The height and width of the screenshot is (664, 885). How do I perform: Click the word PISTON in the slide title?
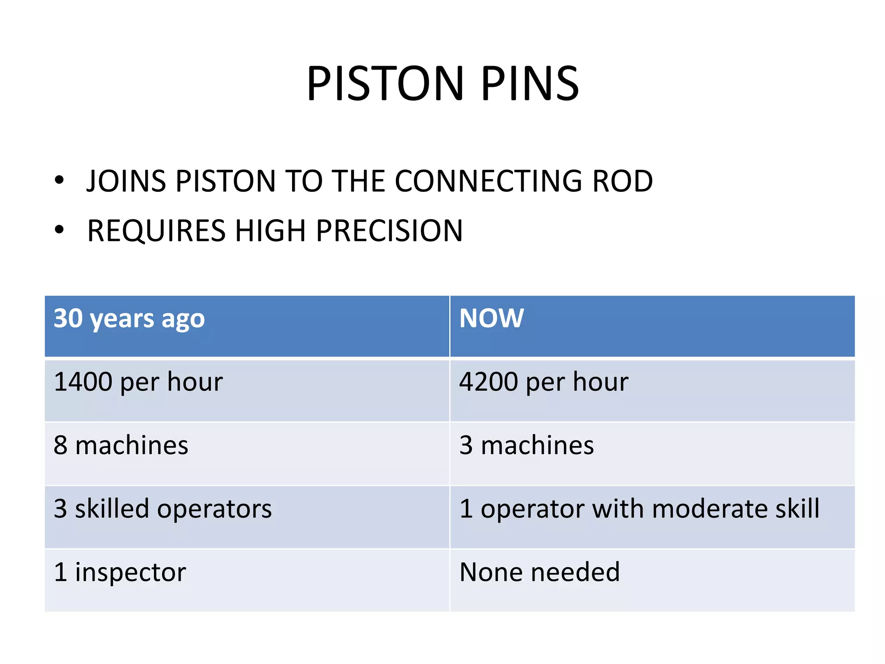click(385, 83)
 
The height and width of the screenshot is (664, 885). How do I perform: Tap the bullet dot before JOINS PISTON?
click(59, 180)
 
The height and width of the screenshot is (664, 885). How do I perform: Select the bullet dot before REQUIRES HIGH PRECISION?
click(59, 230)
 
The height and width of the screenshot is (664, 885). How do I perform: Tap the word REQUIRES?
click(156, 230)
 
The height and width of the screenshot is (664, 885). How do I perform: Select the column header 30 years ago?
click(129, 319)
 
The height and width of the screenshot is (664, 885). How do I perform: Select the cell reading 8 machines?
click(121, 445)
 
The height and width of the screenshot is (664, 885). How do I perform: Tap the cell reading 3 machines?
click(526, 445)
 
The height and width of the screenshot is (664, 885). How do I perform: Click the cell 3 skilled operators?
click(162, 509)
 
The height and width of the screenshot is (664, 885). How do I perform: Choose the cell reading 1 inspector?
click(120, 572)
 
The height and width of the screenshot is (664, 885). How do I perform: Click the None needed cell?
click(539, 572)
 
